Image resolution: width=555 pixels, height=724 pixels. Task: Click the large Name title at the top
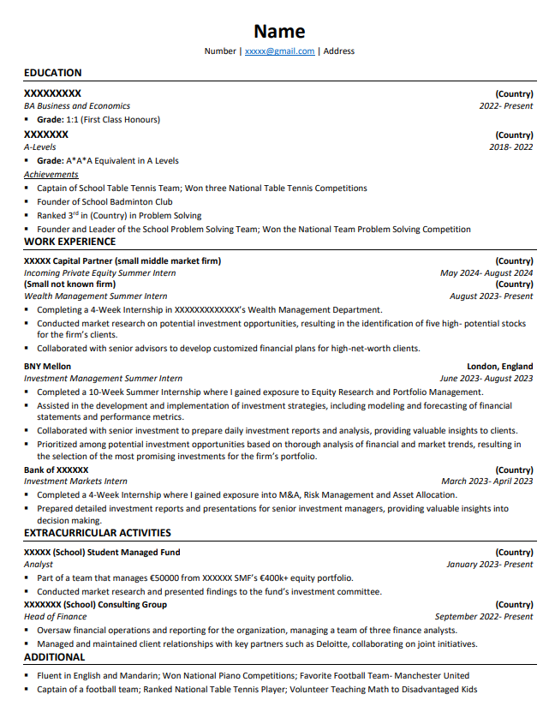pos(279,32)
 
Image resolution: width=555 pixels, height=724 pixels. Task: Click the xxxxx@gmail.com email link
pos(279,51)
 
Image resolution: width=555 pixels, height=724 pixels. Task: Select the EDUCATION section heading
pos(53,73)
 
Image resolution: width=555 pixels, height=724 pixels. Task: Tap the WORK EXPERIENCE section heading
pos(70,242)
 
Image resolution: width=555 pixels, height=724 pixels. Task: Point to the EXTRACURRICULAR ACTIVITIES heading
pos(98,533)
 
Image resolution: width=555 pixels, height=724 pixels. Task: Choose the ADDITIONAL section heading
pos(55,657)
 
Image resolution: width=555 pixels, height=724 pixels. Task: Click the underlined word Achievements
pos(51,175)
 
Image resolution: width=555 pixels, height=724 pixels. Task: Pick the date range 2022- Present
pos(505,106)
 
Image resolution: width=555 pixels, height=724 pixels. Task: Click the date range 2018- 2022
pos(510,147)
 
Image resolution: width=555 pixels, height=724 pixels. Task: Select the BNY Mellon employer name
pos(48,366)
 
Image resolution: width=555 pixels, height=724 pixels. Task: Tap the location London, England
pos(499,366)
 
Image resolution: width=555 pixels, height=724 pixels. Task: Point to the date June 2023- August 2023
pos(486,378)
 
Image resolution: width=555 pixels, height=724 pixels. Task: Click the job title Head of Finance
pos(56,617)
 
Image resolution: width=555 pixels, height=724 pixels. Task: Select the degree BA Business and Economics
pos(77,106)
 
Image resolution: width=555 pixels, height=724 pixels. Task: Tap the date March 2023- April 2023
pos(486,482)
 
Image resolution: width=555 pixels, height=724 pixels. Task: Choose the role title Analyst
pos(39,565)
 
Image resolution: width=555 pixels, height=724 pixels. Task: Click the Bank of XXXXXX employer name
pos(57,470)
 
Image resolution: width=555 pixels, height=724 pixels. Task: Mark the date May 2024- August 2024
pos(486,273)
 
